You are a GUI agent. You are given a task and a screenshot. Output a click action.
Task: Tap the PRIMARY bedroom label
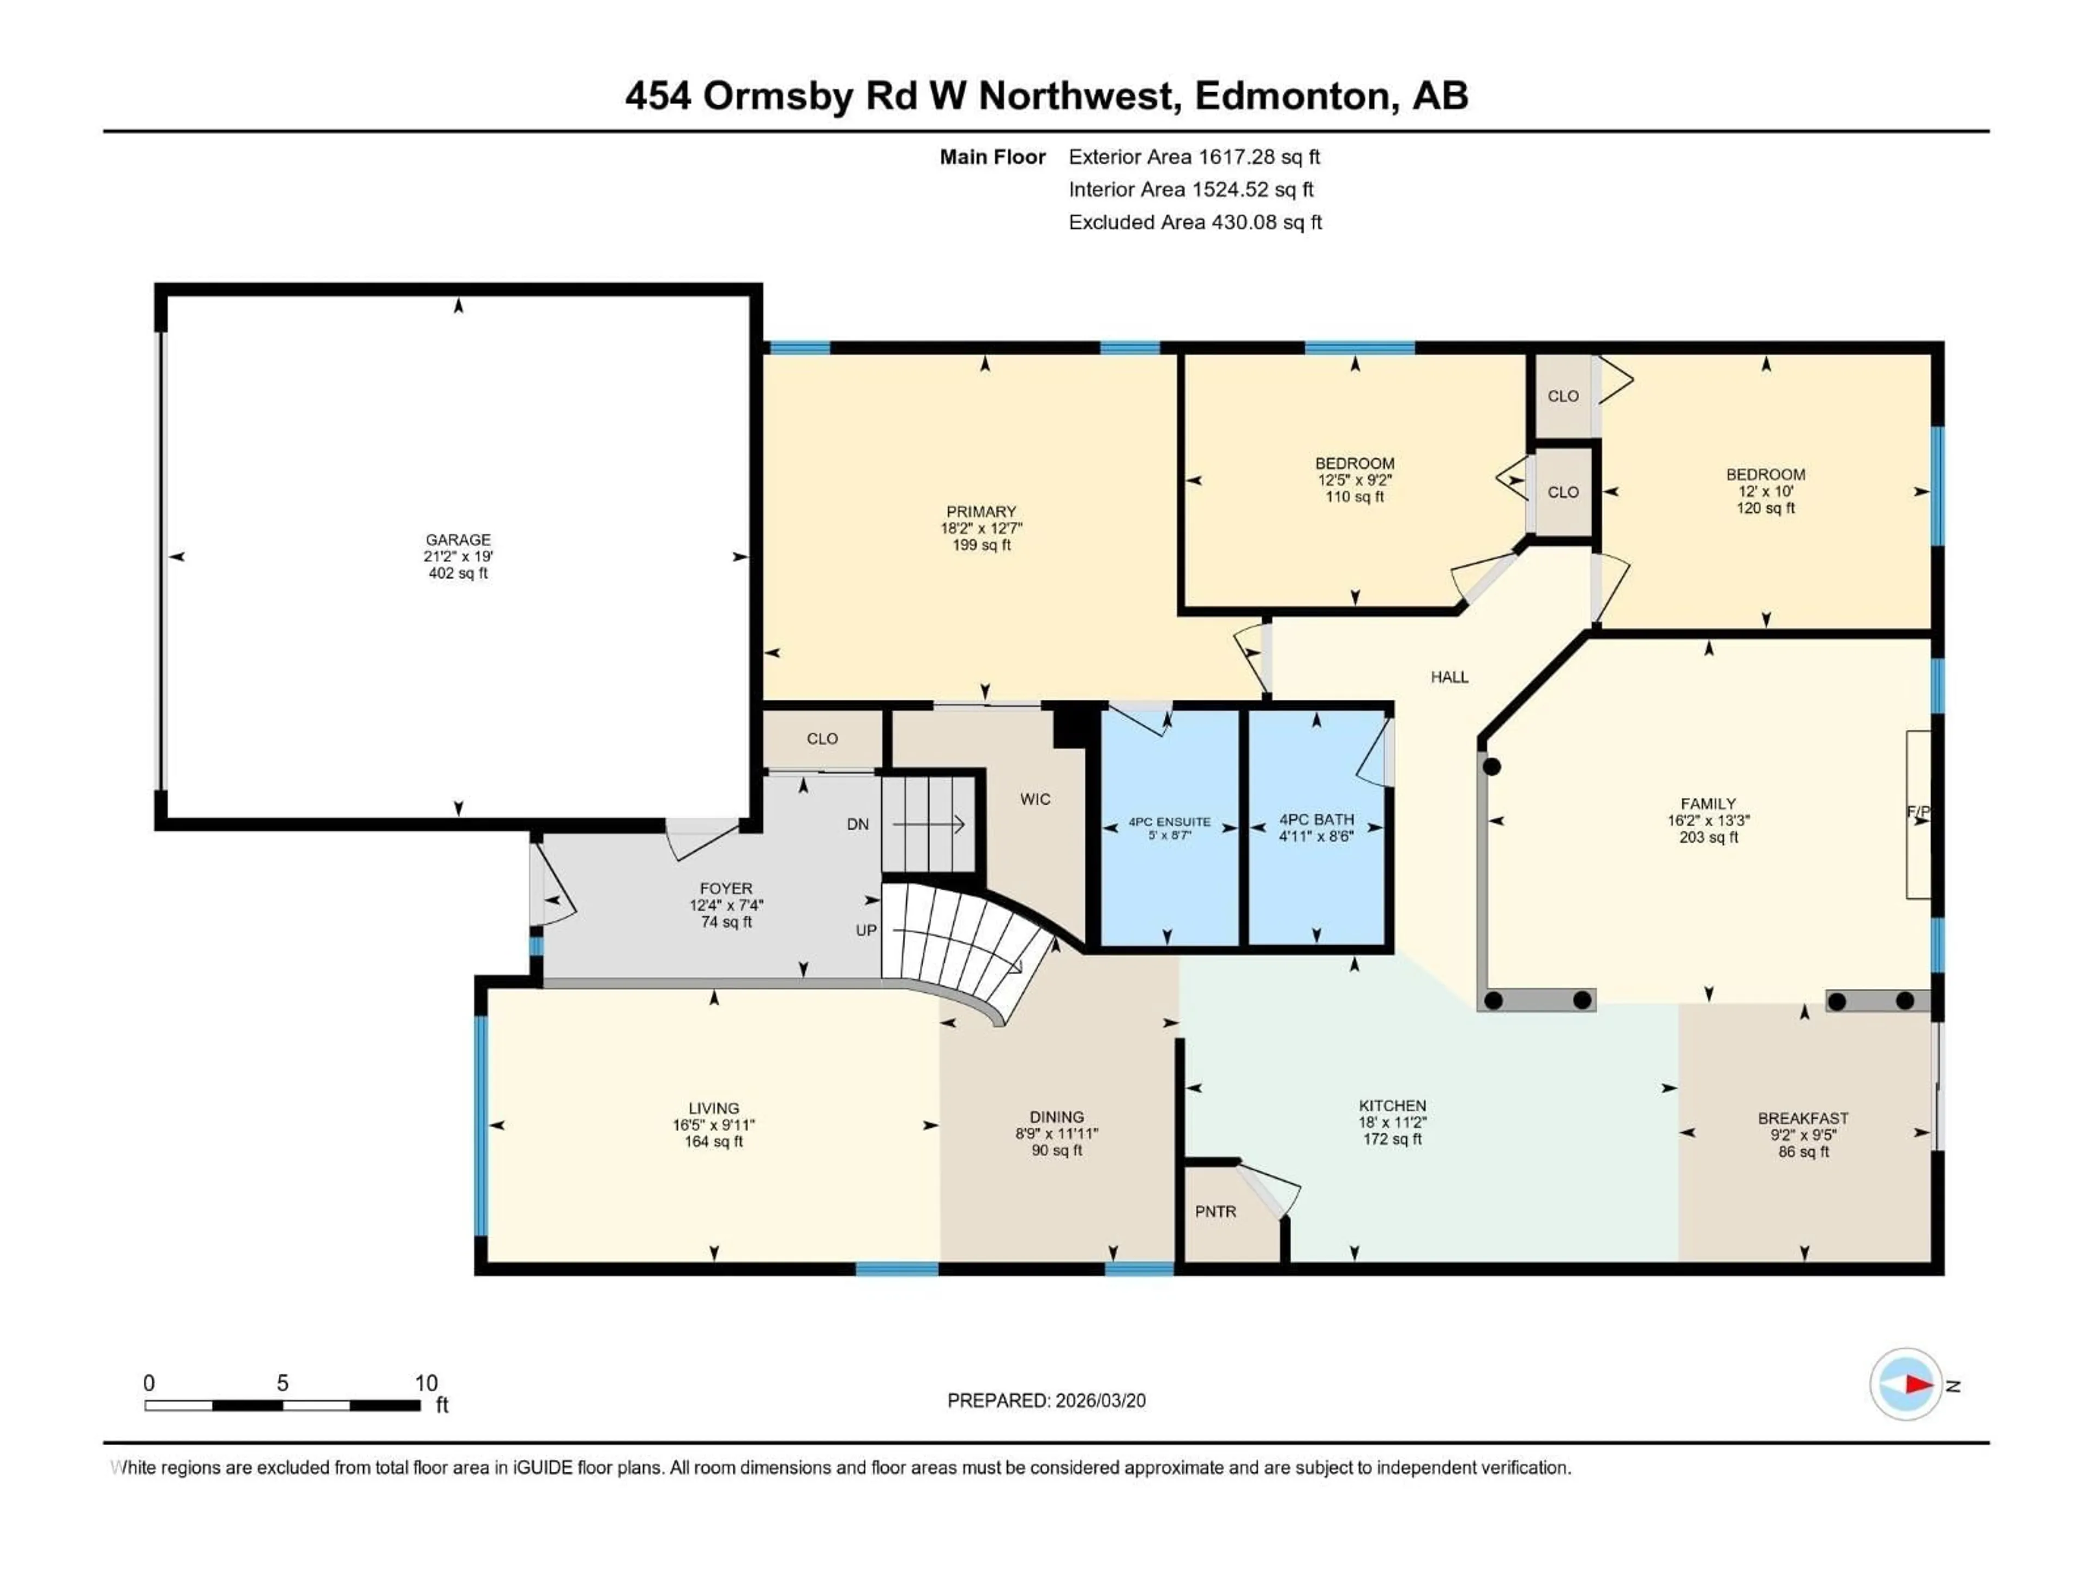pos(980,511)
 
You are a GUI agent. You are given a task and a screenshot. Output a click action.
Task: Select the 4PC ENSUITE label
pos(1169,822)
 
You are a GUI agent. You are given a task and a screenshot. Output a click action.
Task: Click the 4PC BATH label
pos(1316,819)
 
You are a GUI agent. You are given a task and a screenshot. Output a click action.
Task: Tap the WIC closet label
pos(1034,799)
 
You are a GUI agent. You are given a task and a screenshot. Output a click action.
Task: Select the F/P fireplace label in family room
pos(1917,811)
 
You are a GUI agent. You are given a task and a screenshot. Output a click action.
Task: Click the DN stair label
pos(858,824)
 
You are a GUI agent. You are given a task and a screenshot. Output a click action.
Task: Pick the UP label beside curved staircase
pos(866,930)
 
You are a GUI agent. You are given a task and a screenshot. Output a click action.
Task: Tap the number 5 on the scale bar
pos(282,1382)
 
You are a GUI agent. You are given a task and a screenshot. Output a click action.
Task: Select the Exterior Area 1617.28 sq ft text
pos(1194,157)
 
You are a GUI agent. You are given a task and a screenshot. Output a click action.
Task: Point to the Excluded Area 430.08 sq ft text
pos(1195,222)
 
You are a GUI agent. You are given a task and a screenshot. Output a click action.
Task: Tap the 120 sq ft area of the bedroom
pos(1766,508)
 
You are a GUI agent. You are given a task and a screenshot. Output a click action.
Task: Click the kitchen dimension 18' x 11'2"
pos(1392,1122)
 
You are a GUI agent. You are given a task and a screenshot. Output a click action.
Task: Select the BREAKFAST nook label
pos(1803,1118)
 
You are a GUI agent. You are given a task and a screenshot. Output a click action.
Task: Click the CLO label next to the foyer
pos(822,738)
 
